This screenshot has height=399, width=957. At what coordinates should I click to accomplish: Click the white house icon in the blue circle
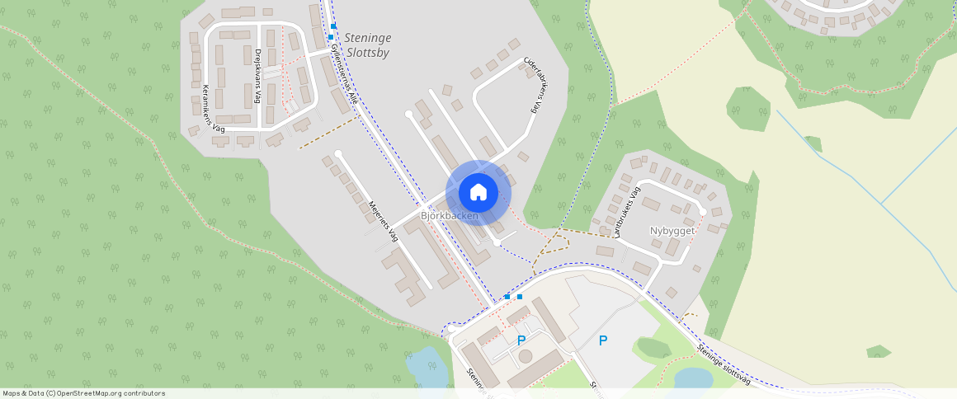[x=478, y=193]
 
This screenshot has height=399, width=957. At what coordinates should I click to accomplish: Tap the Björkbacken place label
[x=450, y=216]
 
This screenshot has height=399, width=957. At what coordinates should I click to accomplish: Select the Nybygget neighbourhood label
[x=672, y=231]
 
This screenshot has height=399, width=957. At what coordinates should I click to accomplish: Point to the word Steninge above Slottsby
[x=368, y=38]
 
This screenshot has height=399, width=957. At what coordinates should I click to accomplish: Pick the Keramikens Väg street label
[x=213, y=109]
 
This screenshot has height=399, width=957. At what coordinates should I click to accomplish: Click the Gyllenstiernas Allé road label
[x=343, y=73]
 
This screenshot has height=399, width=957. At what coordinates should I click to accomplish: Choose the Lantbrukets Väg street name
[x=625, y=213]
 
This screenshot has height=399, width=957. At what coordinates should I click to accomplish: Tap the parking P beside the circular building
[x=521, y=340]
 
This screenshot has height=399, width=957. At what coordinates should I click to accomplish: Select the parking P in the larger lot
[x=603, y=340]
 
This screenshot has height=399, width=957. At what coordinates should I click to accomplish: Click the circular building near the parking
[x=525, y=357]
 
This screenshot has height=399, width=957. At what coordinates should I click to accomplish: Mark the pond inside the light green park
[x=693, y=378]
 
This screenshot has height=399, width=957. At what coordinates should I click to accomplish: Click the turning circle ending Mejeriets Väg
[x=338, y=153]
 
